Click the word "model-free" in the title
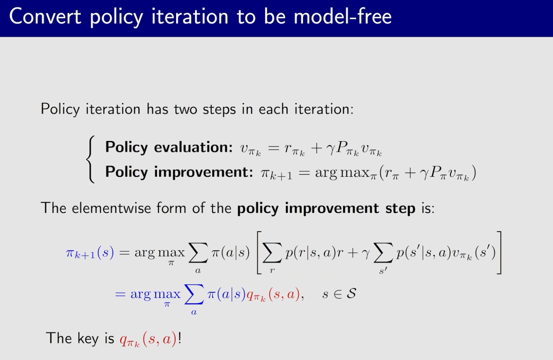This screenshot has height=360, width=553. (343, 16)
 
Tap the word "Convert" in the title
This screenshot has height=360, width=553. (45, 16)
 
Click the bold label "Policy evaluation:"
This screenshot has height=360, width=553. (169, 147)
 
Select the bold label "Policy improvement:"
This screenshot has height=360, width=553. (179, 172)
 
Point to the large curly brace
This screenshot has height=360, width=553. (90, 159)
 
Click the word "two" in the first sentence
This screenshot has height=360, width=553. (185, 109)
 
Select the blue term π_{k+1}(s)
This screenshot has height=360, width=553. (90, 253)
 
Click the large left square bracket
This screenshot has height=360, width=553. (259, 252)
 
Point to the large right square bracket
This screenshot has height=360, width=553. (499, 252)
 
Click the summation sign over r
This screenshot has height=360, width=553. (272, 252)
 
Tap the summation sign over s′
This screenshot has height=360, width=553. (383, 252)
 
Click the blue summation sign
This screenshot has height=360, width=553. (194, 294)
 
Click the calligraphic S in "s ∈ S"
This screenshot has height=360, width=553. (351, 293)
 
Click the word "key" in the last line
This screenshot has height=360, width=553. (88, 338)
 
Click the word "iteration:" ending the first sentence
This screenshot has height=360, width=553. (324, 109)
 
